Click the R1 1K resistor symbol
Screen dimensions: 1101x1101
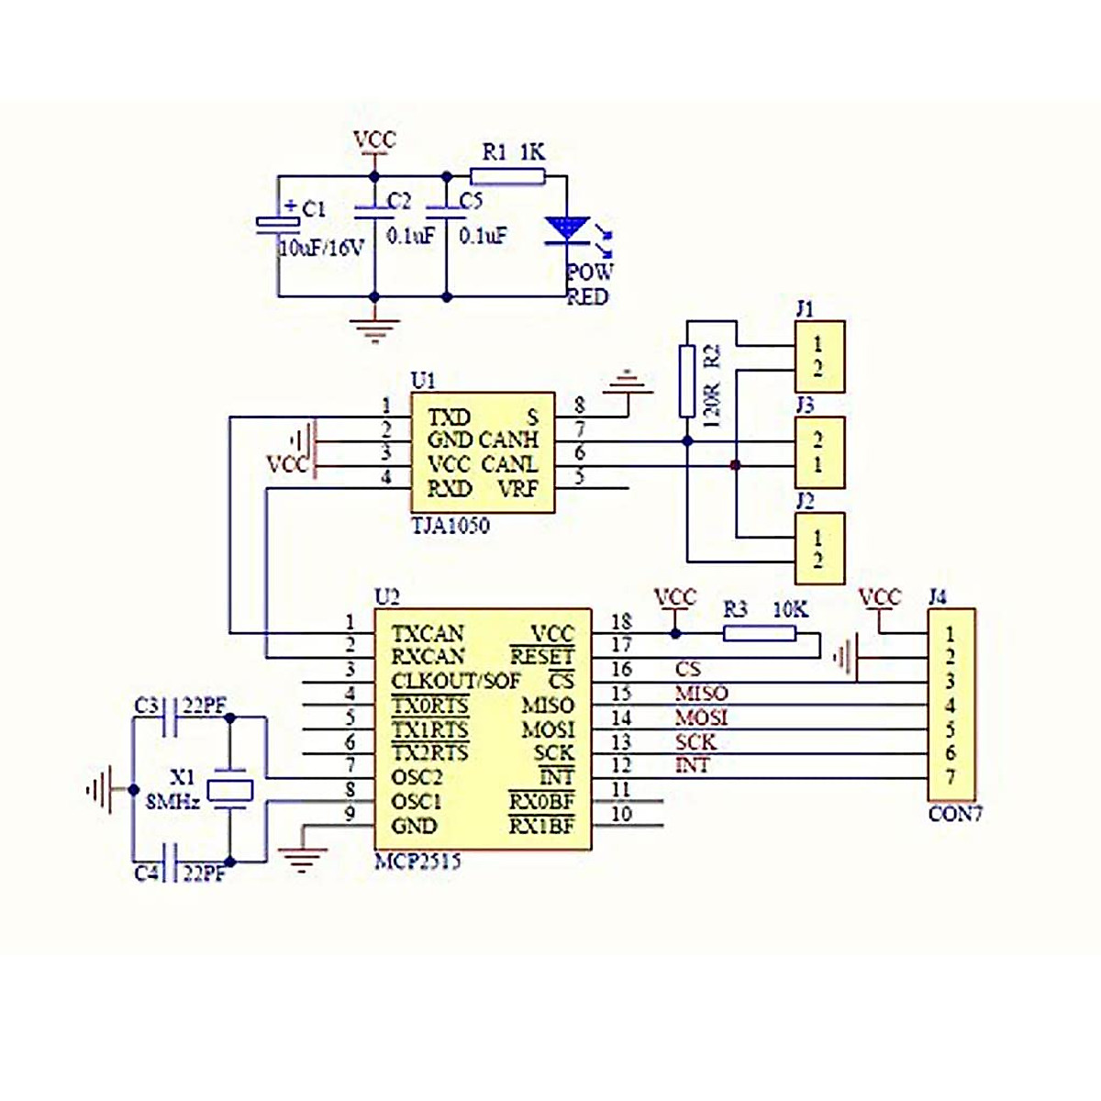(507, 176)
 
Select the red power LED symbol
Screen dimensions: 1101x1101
(566, 229)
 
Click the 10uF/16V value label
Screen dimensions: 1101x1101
(321, 248)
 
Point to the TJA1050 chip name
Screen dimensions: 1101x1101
(450, 526)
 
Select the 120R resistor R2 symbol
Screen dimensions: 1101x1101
(687, 382)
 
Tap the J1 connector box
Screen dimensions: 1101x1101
(818, 357)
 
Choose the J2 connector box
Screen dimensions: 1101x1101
(818, 549)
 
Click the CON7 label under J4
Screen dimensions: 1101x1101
(955, 814)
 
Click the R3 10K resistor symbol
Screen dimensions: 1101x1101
(759, 633)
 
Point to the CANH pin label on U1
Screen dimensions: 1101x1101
(509, 440)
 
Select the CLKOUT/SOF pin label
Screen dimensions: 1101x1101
(455, 682)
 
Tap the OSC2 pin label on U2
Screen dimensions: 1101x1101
(417, 777)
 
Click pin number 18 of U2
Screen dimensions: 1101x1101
(621, 622)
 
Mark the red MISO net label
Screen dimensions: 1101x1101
(701, 694)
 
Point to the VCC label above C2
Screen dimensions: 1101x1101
(374, 140)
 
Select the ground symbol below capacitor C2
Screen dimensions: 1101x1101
(373, 328)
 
